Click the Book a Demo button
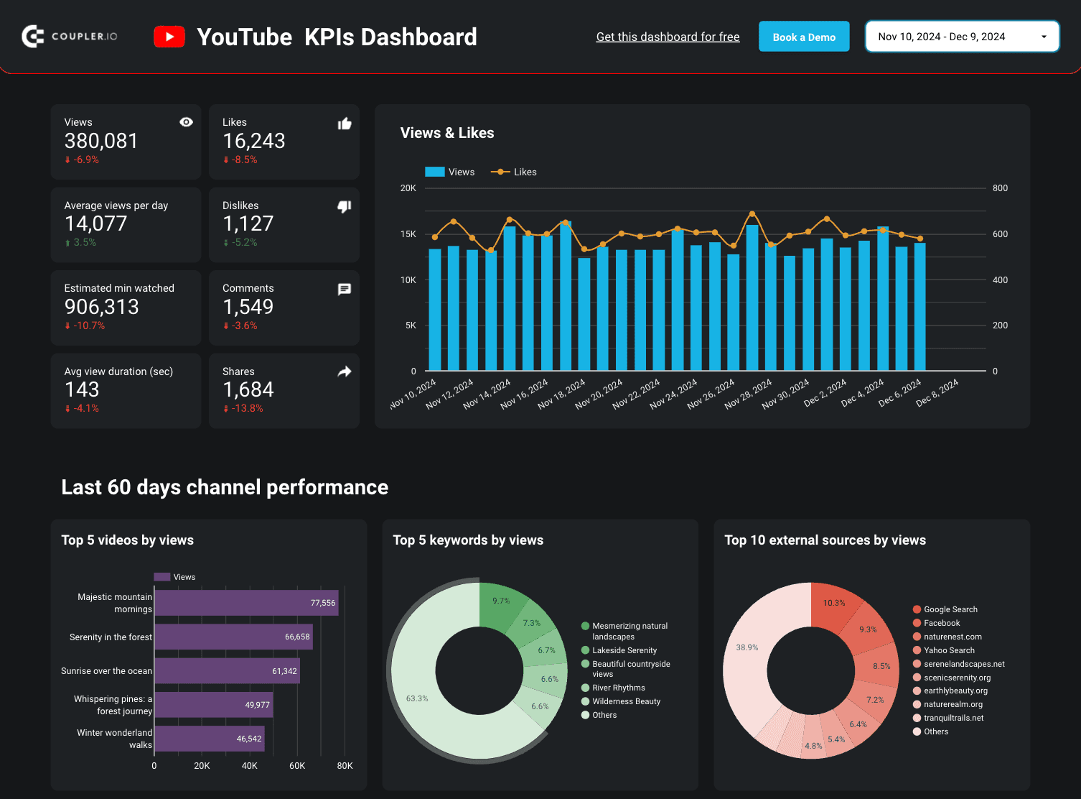(x=803, y=37)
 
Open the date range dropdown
(x=962, y=37)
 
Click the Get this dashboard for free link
(x=668, y=37)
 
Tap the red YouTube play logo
(x=169, y=37)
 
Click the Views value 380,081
(x=101, y=141)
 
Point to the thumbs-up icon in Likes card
(x=345, y=124)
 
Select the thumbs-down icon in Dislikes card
(x=345, y=207)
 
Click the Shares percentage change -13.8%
(x=246, y=408)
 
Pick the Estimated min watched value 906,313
(x=102, y=307)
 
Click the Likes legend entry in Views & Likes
(x=514, y=172)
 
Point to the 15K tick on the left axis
(x=408, y=234)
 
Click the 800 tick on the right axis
(x=1000, y=188)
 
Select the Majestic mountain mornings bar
(x=246, y=603)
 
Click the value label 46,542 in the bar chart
(x=249, y=739)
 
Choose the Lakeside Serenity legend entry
(x=624, y=650)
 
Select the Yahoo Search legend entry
(x=948, y=650)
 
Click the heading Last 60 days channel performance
(x=225, y=487)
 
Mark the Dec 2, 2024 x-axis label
(x=825, y=393)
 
